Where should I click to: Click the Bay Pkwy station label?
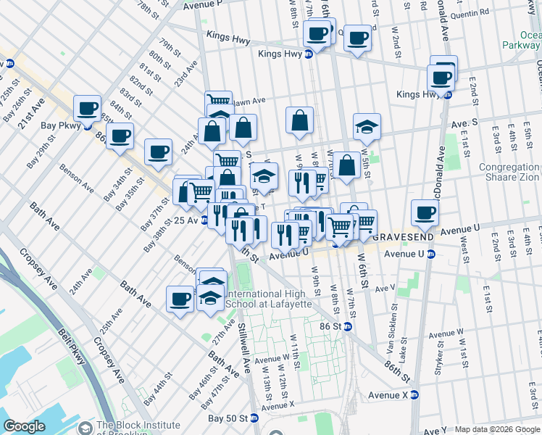[62, 125]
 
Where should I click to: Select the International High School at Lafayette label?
[269, 299]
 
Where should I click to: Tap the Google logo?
[25, 426]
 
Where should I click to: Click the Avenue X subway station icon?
[414, 395]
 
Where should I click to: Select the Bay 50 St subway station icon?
[254, 418]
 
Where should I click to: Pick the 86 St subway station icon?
[347, 327]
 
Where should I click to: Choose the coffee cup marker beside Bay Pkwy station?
[88, 109]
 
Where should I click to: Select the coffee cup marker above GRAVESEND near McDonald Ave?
[425, 212]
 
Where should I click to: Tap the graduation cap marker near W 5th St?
[367, 126]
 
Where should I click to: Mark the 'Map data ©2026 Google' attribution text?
[496, 429]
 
